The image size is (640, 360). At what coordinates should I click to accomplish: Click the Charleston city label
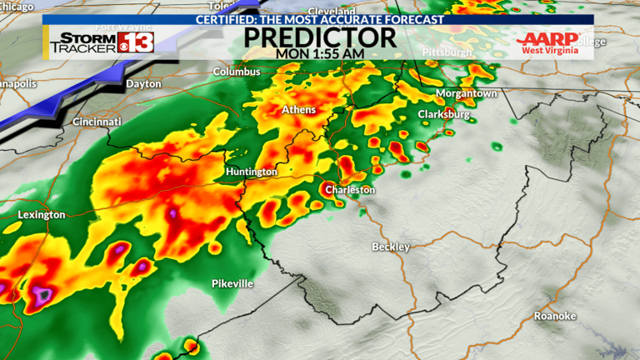pyautogui.click(x=350, y=190)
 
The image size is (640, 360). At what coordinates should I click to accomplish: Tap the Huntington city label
pyautogui.click(x=251, y=172)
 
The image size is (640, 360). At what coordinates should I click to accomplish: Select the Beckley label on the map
pyautogui.click(x=391, y=247)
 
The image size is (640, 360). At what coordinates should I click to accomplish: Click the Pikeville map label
pyautogui.click(x=232, y=284)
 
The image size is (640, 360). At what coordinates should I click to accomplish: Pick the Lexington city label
pyautogui.click(x=41, y=215)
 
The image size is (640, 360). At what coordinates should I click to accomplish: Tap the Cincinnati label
pyautogui.click(x=97, y=122)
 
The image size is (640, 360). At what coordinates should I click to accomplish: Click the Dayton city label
pyautogui.click(x=143, y=84)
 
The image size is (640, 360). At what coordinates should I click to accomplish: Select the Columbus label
pyautogui.click(x=237, y=72)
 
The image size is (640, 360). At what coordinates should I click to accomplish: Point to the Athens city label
pyautogui.click(x=299, y=110)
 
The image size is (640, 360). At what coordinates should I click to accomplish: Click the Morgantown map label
pyautogui.click(x=467, y=93)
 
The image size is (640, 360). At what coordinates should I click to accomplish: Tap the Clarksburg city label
pyautogui.click(x=443, y=114)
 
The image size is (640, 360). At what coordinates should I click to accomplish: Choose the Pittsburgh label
pyautogui.click(x=447, y=52)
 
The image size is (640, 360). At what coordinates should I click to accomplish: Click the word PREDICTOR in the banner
pyautogui.click(x=320, y=37)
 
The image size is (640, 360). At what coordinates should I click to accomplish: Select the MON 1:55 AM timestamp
pyautogui.click(x=320, y=53)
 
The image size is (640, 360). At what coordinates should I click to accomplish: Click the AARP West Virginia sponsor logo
pyautogui.click(x=547, y=43)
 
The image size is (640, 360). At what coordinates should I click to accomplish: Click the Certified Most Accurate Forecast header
pyautogui.click(x=320, y=19)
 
